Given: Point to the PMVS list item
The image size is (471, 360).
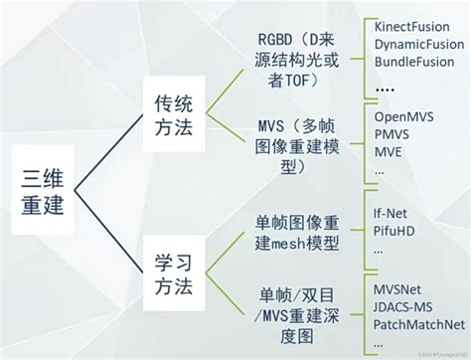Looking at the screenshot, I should (392, 135).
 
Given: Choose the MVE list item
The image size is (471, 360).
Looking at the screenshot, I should (389, 153).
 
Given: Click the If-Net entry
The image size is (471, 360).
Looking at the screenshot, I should (392, 213).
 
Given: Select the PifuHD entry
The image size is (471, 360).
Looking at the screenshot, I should (394, 232).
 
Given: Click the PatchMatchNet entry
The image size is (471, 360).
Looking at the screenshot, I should (418, 324).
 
